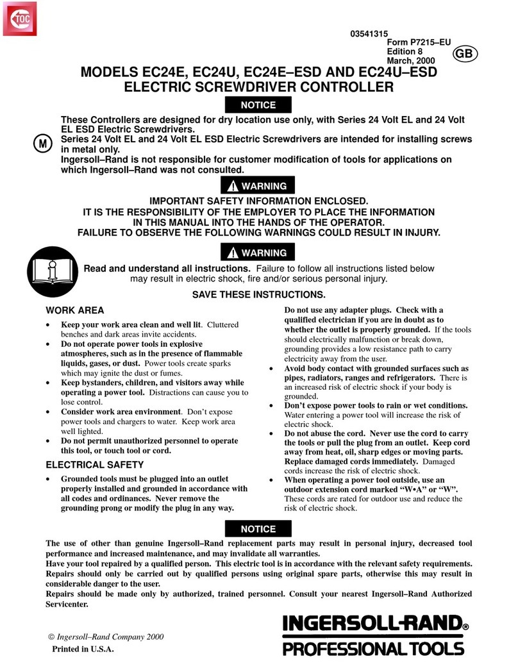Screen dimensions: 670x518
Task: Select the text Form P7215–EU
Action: [x=419, y=43]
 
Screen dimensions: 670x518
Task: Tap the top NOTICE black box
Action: [x=258, y=105]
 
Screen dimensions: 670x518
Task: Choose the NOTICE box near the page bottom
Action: [x=258, y=529]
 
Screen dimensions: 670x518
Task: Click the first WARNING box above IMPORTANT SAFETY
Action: [x=259, y=187]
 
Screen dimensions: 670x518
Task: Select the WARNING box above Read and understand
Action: [x=259, y=252]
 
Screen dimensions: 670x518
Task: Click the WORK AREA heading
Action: [x=75, y=310]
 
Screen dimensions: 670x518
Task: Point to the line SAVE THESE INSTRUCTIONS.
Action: [x=259, y=295]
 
